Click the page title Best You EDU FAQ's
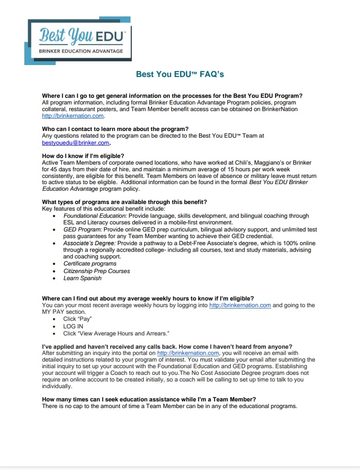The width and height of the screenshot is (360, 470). click(x=180, y=74)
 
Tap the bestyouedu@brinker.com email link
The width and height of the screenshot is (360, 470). click(x=76, y=143)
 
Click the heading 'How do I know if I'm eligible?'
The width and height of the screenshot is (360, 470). click(x=83, y=156)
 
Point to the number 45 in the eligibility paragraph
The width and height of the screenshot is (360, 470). click(x=55, y=169)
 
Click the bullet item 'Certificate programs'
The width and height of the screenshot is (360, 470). click(x=90, y=264)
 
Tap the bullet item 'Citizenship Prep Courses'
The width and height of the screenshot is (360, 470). click(x=96, y=271)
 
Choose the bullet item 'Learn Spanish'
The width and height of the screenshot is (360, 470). click(x=82, y=278)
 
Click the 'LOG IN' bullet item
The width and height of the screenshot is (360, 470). click(x=73, y=326)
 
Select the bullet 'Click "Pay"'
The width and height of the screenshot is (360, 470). click(x=77, y=319)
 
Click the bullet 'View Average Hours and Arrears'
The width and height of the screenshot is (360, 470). click(x=116, y=333)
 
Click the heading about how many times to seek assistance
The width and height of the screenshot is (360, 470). click(x=149, y=399)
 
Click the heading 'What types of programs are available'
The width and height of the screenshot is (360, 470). click(x=124, y=202)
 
